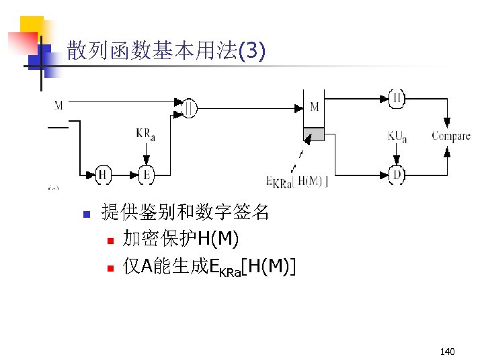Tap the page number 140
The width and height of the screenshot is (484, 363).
click(x=446, y=352)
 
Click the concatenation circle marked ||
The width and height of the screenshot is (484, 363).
click(x=190, y=108)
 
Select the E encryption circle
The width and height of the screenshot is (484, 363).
click(x=146, y=175)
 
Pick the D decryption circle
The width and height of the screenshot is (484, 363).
click(x=397, y=175)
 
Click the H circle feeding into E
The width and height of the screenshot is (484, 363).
click(x=103, y=175)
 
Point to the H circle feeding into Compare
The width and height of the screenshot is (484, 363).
click(x=397, y=99)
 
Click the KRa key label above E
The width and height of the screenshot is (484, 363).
click(x=146, y=134)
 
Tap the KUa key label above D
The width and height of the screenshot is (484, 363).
click(x=397, y=136)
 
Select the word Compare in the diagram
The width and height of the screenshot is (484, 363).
click(x=450, y=136)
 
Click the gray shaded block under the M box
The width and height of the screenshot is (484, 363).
click(x=314, y=134)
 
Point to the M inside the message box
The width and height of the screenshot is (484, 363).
click(x=314, y=108)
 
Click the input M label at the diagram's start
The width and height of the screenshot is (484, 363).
click(x=59, y=105)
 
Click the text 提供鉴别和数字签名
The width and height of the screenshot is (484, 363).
click(x=185, y=213)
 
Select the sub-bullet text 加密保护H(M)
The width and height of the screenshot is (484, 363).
click(x=179, y=239)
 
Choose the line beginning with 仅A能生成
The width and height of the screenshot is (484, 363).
click(x=208, y=268)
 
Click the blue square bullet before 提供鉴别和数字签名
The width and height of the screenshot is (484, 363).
click(x=85, y=215)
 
